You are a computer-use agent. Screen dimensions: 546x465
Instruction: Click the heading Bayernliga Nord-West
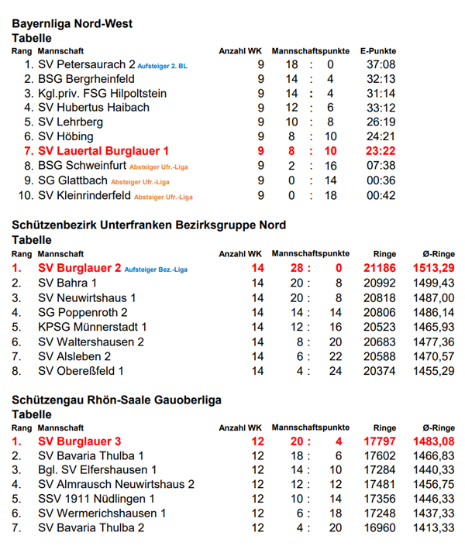[72, 24]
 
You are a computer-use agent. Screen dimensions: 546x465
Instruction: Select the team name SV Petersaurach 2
[86, 65]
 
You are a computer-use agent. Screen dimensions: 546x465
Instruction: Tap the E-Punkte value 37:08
[381, 65]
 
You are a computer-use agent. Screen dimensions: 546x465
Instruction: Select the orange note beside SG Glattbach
[141, 182]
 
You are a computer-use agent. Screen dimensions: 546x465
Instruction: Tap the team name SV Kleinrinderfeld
[84, 196]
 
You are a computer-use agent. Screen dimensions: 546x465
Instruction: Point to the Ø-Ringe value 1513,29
[434, 269]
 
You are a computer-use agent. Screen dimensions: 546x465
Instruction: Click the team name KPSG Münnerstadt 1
[92, 327]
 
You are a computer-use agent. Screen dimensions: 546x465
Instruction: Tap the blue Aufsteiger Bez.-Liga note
[156, 270]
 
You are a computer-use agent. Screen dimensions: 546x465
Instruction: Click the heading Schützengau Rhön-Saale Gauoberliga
[117, 400]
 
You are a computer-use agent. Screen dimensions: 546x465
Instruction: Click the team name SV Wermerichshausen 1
[102, 513]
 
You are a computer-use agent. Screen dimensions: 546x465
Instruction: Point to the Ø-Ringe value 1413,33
[434, 528]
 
